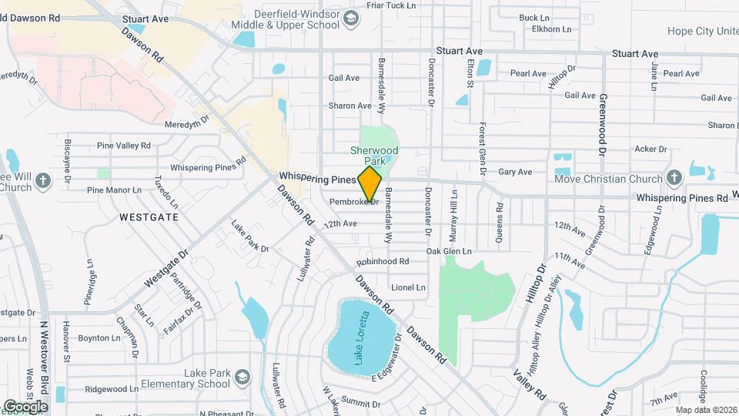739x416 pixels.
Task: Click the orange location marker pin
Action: coord(370,184)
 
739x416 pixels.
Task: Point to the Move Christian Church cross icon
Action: coord(674,179)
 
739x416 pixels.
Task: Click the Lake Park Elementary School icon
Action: coord(242,377)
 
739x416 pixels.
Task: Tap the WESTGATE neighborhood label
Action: coord(149,217)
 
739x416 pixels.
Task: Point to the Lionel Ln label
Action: coord(408,287)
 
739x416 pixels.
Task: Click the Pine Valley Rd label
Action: coord(124,146)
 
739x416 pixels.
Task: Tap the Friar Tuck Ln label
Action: coord(391,5)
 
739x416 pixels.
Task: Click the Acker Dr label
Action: coord(647,149)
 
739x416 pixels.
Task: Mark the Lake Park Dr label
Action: coord(250,237)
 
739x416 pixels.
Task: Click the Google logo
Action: coord(25,406)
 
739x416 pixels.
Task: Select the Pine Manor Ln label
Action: coord(114,190)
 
